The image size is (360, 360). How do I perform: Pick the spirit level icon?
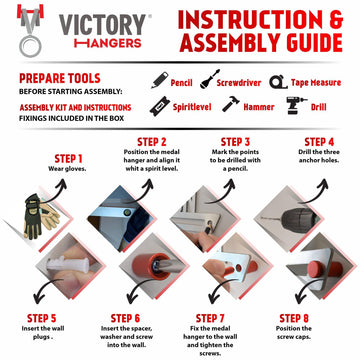coord(157,103)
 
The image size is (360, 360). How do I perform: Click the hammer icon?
coord(229,103)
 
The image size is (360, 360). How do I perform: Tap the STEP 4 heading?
coord(319,142)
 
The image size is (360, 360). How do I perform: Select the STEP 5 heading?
coord(41,317)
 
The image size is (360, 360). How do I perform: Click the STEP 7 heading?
coord(231,317)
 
